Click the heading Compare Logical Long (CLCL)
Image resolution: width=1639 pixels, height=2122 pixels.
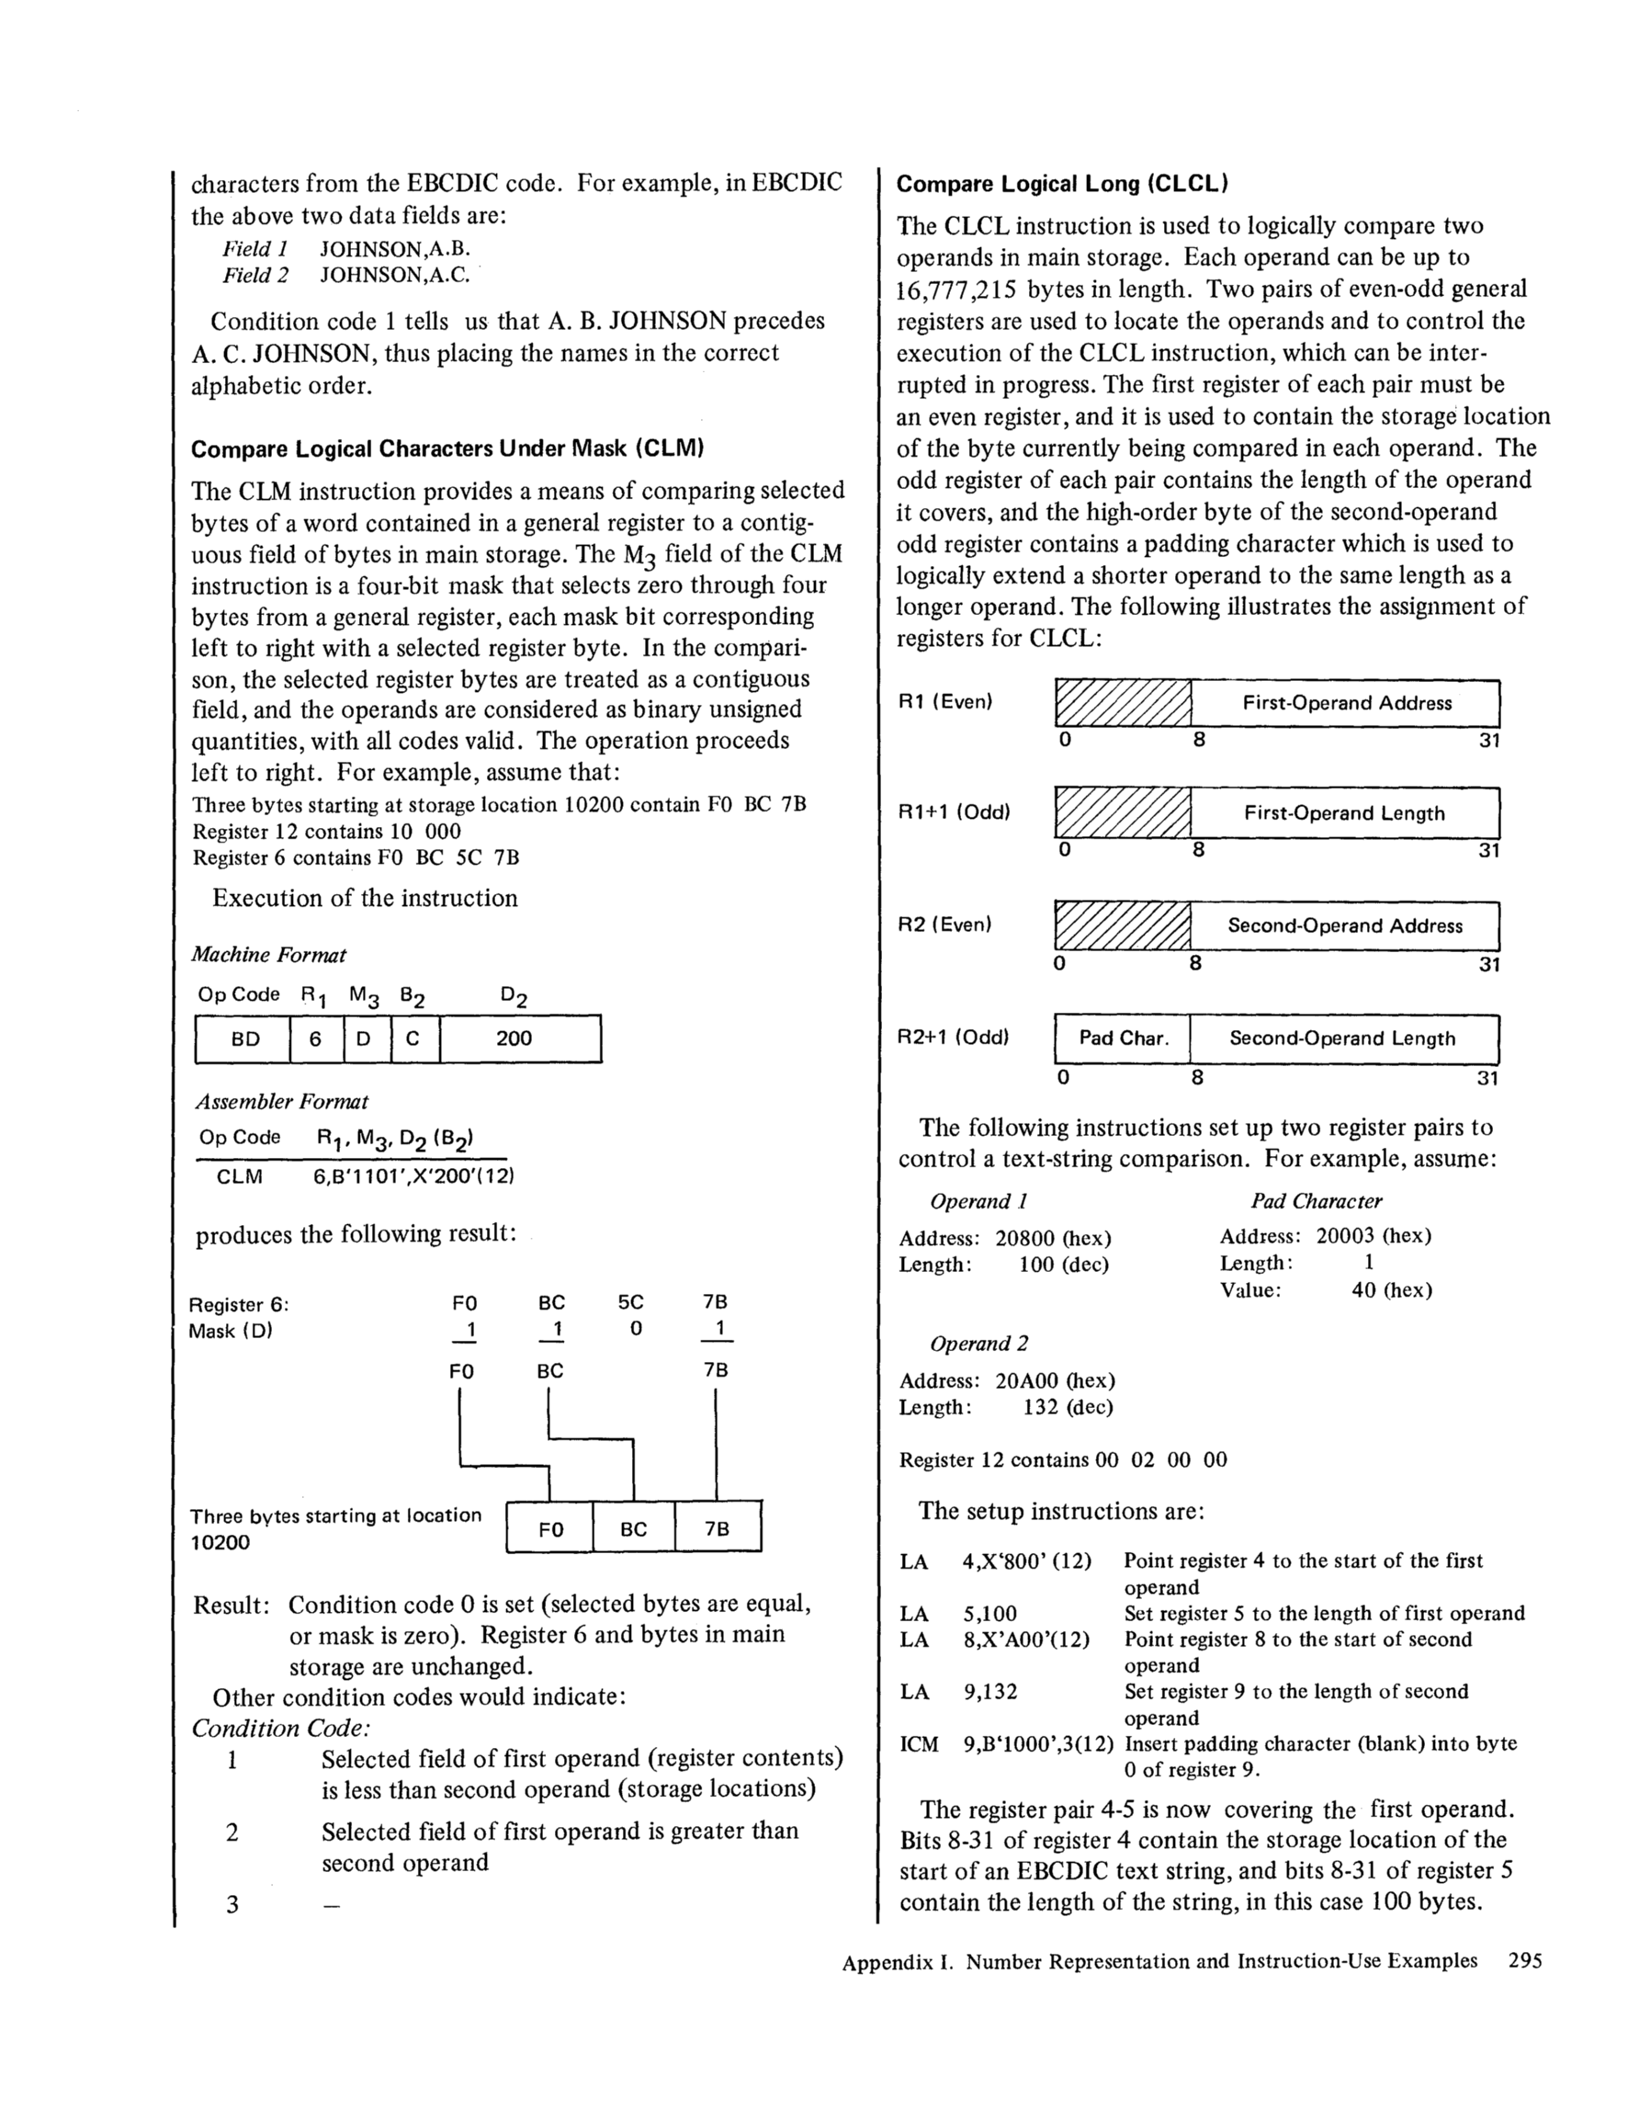coord(1062,185)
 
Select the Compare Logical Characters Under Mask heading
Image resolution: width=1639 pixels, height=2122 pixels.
coord(446,448)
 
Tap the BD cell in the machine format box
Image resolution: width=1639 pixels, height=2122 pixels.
coord(244,1038)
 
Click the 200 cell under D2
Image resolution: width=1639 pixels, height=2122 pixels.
coord(514,1038)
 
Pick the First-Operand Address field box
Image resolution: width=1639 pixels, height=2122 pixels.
coord(1346,703)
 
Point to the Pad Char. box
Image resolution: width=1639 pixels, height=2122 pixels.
coord(1123,1038)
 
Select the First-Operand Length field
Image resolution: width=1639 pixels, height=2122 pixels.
coord(1344,813)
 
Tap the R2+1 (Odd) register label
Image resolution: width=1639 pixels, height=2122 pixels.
coord(952,1038)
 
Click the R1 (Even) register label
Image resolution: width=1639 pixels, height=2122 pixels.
coord(944,701)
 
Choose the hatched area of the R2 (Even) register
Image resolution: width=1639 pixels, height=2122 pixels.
coord(1123,926)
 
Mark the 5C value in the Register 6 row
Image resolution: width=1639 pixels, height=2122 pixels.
coord(630,1303)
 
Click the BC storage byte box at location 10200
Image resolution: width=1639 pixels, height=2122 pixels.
coord(633,1529)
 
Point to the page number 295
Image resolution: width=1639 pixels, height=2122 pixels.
coord(1524,1960)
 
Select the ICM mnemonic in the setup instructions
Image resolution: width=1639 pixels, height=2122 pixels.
coord(919,1744)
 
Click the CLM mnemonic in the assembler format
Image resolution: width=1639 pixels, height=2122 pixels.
coord(239,1176)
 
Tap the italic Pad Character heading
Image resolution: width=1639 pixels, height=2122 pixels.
coord(1316,1201)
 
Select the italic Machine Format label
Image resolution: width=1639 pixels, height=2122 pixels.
coord(268,955)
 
